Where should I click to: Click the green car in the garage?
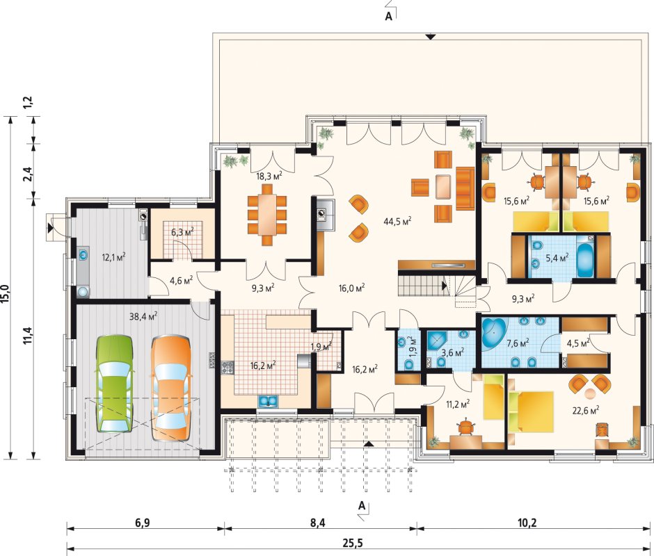point(115,384)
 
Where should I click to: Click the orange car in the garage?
point(171,389)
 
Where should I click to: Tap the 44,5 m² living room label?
point(397,221)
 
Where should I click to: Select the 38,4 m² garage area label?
point(143,316)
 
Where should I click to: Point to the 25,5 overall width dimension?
point(353,543)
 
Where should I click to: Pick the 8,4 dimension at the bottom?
point(317,523)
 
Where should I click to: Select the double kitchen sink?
point(268,402)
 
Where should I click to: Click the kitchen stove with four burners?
point(228,367)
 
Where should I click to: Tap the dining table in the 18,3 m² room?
point(267,215)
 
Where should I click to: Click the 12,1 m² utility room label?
point(114,256)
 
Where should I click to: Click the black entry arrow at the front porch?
point(367,444)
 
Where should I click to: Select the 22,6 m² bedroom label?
point(586,411)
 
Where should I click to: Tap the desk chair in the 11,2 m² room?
point(466,427)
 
